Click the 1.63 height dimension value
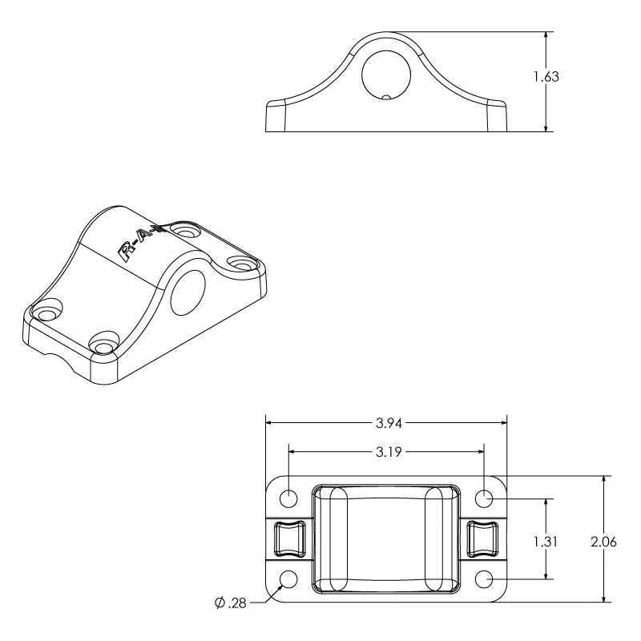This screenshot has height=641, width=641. point(546,77)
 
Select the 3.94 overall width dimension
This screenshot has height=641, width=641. point(389,423)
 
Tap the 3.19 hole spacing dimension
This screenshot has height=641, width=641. point(389,452)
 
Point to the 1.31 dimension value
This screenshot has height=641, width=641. point(546,542)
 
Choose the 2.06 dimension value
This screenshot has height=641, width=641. point(604,542)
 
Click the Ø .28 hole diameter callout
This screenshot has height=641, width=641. point(231,603)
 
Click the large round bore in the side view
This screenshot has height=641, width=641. point(386,75)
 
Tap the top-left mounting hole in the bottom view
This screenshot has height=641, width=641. point(288,498)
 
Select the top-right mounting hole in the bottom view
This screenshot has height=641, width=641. point(484,498)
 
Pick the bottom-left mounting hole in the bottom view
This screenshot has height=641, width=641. point(288,579)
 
